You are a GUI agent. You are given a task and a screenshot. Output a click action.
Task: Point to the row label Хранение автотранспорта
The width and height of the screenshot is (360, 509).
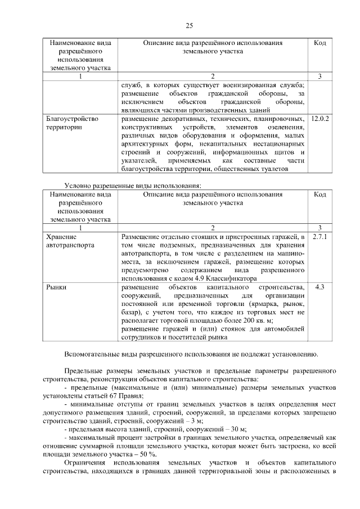tap(70, 241)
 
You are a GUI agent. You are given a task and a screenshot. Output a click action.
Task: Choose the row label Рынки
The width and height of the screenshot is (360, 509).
tap(56, 287)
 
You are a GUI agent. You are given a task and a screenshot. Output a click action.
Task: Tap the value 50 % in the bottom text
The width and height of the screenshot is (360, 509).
tap(147, 454)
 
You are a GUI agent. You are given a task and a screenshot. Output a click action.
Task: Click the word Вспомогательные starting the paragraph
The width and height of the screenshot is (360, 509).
tap(93, 354)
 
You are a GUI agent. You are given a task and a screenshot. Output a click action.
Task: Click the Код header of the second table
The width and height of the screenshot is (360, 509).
tap(319, 195)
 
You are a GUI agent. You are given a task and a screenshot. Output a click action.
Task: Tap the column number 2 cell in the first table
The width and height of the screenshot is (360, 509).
tap(213, 76)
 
